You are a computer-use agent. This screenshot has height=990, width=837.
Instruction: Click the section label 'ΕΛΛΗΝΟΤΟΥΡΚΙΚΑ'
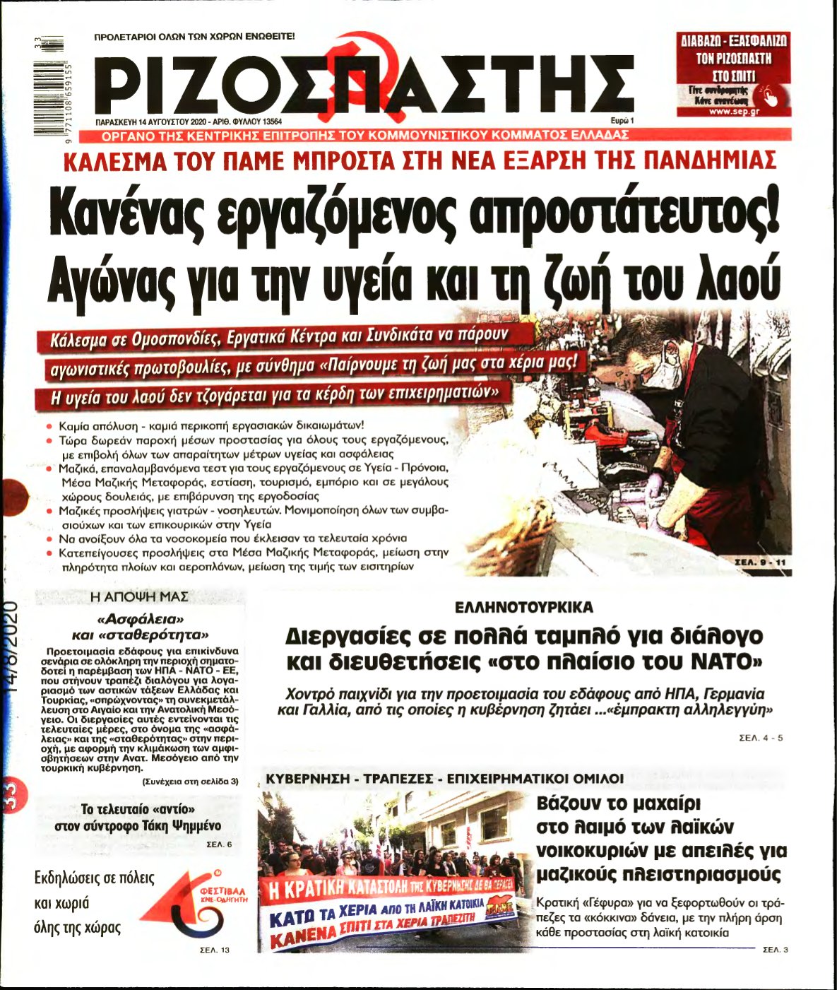pyautogui.click(x=523, y=608)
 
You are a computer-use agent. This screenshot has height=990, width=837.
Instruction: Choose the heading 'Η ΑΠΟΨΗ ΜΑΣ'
pyautogui.click(x=140, y=596)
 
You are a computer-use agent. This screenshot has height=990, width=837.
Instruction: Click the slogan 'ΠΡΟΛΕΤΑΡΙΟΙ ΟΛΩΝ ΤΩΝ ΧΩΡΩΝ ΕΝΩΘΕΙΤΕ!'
pyautogui.click(x=195, y=35)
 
